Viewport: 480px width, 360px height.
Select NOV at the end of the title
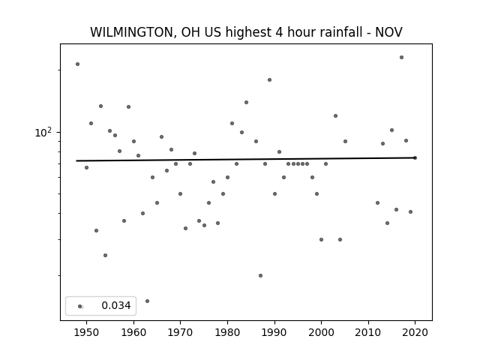click(388, 32)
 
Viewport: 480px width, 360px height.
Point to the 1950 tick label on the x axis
click(87, 332)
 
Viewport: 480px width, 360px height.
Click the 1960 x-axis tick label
click(133, 332)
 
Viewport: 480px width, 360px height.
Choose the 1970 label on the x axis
click(180, 332)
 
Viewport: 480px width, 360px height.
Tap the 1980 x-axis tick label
click(227, 332)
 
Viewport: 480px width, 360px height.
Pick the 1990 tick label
click(274, 332)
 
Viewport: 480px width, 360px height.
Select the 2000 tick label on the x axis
click(322, 332)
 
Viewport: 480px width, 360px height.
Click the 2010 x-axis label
click(368, 332)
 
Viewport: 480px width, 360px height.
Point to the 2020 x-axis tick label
click(415, 332)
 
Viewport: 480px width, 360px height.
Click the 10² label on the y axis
click(43, 133)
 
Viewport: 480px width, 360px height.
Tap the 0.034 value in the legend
click(116, 305)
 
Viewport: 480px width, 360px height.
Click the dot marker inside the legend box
click(80, 307)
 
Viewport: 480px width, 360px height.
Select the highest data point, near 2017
click(402, 58)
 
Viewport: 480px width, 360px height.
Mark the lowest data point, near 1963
click(147, 301)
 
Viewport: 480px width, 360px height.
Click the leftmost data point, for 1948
click(78, 64)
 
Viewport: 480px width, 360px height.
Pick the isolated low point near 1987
click(260, 276)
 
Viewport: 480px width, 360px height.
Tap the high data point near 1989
click(270, 80)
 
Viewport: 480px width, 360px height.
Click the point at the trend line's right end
click(415, 158)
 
